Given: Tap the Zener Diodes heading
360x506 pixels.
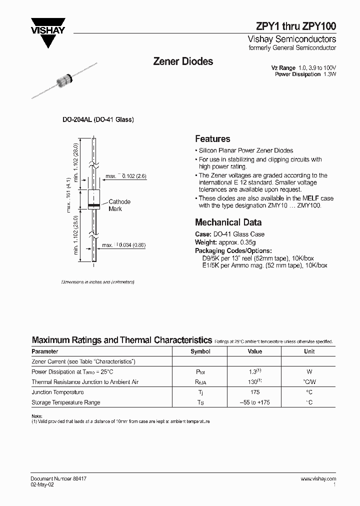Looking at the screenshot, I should [182, 61].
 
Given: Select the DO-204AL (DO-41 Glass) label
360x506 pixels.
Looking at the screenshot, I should [97, 120].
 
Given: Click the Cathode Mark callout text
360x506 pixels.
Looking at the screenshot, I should [119, 205].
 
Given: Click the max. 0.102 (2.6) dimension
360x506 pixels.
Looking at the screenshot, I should [125, 176].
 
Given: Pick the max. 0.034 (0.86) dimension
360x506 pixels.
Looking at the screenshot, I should [124, 245].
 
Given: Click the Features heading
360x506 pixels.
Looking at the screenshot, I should [212, 139].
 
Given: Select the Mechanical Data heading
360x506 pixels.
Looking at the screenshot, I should [228, 222].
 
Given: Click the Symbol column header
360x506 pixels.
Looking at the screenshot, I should [200, 351].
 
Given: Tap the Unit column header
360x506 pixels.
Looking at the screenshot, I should [309, 351].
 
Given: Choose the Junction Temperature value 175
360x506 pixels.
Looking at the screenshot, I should [254, 392].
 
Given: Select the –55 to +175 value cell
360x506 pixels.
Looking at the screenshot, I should [254, 402].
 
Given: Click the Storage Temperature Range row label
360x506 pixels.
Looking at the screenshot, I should [66, 402].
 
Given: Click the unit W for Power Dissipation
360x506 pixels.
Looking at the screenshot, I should [309, 372].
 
